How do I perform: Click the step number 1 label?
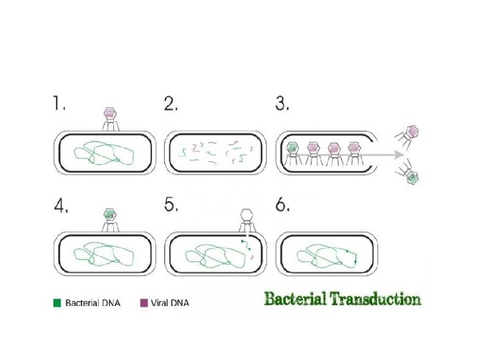[x=60, y=105]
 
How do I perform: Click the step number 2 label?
[x=171, y=105]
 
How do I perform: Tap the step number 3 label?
[x=282, y=105]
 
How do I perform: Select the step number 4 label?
[x=61, y=206]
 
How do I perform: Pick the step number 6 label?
[x=283, y=206]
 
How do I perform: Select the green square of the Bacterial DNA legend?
[x=57, y=303]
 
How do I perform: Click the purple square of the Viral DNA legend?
[x=143, y=303]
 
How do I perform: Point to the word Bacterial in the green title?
[x=295, y=299]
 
